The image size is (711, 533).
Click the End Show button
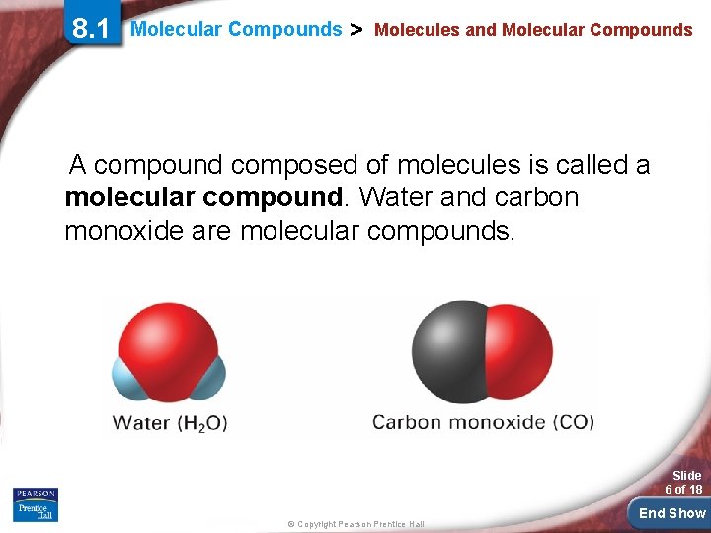[x=671, y=512]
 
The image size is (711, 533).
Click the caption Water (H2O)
[x=170, y=422]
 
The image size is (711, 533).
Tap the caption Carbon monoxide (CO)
[x=483, y=422]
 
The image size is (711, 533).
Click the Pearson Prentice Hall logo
[x=36, y=504]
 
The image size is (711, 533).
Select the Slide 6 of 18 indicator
[x=683, y=482]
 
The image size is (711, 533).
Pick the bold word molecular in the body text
[x=130, y=197]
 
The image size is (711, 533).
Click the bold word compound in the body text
[x=273, y=197]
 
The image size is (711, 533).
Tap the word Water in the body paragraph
[x=395, y=197]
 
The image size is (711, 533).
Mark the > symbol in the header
[x=357, y=29]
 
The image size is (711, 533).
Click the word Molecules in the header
[x=417, y=30]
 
